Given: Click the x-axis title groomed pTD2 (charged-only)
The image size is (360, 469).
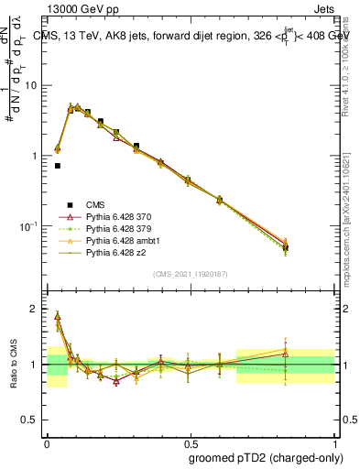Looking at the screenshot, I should pos(265,457).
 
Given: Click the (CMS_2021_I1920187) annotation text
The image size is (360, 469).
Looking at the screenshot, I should pos(191,274).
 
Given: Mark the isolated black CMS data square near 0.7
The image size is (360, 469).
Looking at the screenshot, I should pos(58,166).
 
